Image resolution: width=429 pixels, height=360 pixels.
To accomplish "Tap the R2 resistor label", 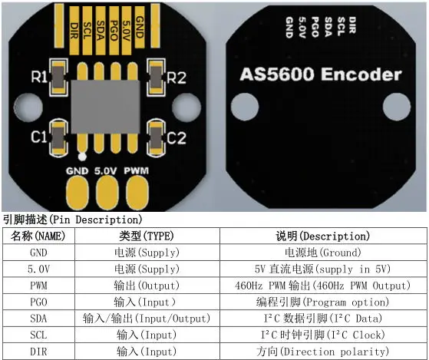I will click(177, 77).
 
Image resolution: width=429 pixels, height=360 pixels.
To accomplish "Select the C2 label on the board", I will click(177, 138).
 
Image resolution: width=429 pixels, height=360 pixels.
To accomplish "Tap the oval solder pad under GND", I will click(79, 190).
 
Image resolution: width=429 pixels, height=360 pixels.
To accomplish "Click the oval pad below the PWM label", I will click(136, 190).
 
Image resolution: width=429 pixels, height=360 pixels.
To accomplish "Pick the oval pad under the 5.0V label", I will click(107, 190).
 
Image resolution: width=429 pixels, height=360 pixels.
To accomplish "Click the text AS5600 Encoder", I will click(320, 75).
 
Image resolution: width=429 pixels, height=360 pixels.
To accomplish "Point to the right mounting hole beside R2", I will click(185, 106).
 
